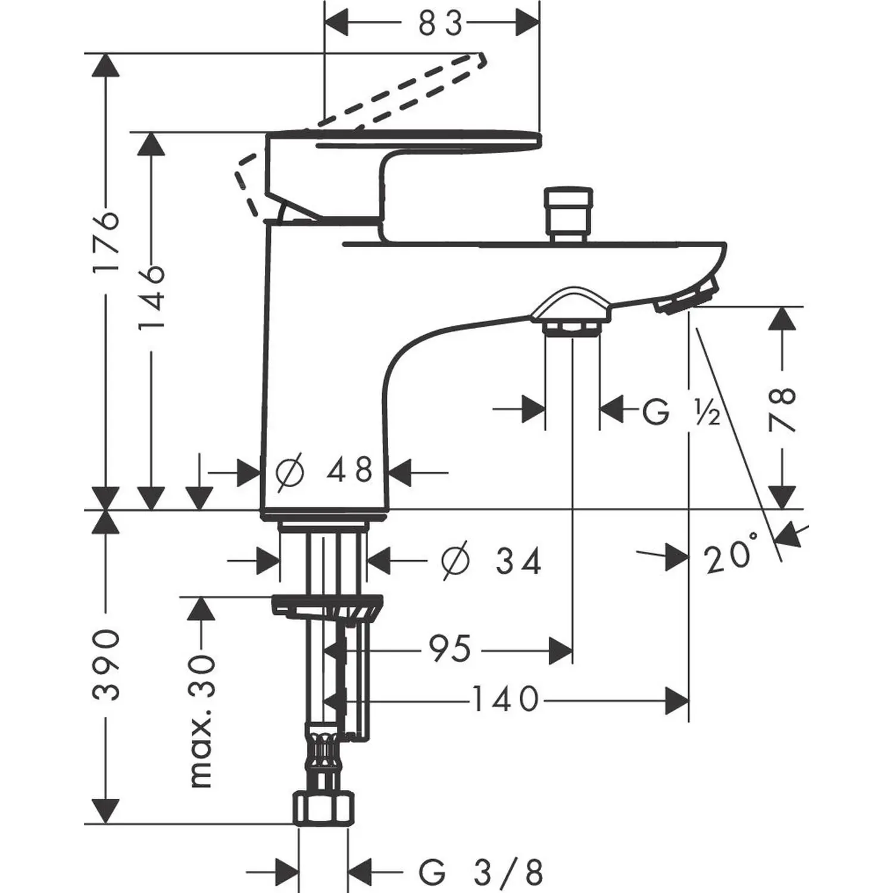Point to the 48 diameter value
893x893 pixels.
tap(349, 471)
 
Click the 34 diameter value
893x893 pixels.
tap(519, 561)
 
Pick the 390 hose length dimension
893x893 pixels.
tap(107, 663)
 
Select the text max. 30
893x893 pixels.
tap(201, 721)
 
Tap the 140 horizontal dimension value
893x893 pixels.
tap(505, 700)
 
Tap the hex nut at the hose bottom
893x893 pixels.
tap(322, 808)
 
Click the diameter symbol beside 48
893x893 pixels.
tap(291, 472)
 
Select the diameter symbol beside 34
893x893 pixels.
tap(455, 561)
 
